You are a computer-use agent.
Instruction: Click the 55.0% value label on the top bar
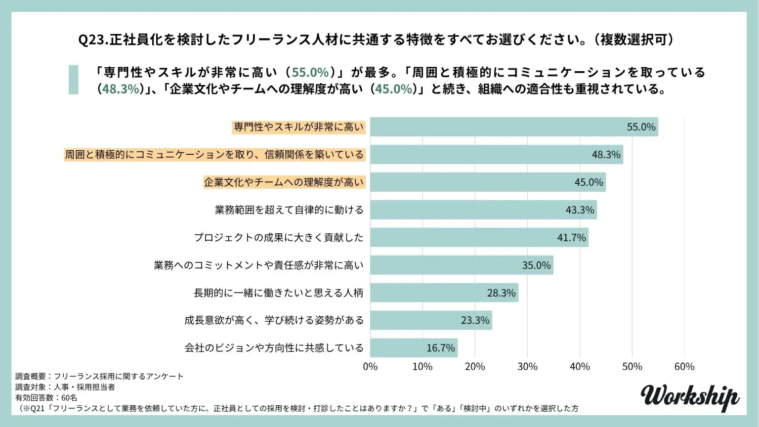tap(641, 127)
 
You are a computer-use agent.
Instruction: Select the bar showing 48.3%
tap(496, 155)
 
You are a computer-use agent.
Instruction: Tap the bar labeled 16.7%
tap(414, 348)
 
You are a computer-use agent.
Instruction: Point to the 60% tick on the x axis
tap(684, 367)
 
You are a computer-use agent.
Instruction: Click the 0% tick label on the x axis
tap(370, 367)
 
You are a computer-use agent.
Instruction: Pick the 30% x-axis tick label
tap(527, 367)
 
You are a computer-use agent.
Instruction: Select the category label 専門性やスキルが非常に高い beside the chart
tap(298, 127)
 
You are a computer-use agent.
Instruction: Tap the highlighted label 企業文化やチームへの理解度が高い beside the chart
tap(284, 182)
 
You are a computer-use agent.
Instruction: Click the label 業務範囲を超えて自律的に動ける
tap(289, 210)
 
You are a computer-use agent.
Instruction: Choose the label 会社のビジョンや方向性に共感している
tap(274, 348)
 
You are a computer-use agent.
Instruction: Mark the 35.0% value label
tap(536, 265)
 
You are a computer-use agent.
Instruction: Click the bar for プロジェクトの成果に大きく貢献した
tap(479, 238)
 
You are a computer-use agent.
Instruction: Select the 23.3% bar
tap(431, 320)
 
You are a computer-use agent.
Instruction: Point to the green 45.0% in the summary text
tap(393, 89)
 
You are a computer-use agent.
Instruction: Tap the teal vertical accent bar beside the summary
tap(73, 80)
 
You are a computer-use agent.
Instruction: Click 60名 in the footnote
tap(69, 398)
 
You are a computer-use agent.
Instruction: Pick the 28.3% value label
tap(501, 293)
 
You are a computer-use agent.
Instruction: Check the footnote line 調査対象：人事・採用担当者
tap(65, 387)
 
